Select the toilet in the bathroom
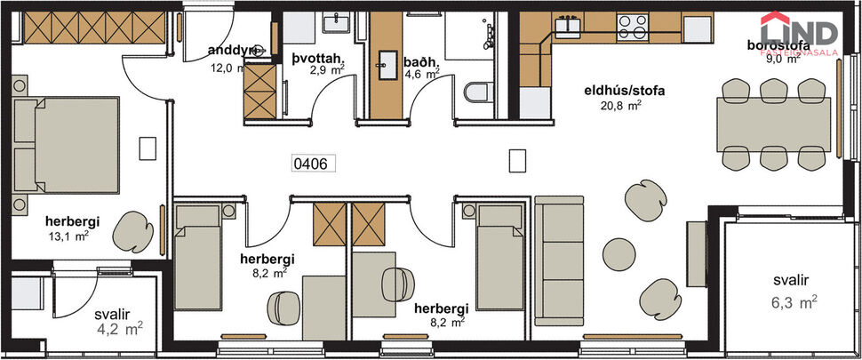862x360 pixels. (x=478, y=92)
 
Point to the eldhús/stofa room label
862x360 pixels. (x=625, y=90)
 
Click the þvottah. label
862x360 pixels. (x=317, y=60)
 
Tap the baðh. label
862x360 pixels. (x=421, y=62)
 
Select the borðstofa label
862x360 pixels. (x=776, y=46)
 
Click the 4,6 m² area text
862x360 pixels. (x=421, y=76)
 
